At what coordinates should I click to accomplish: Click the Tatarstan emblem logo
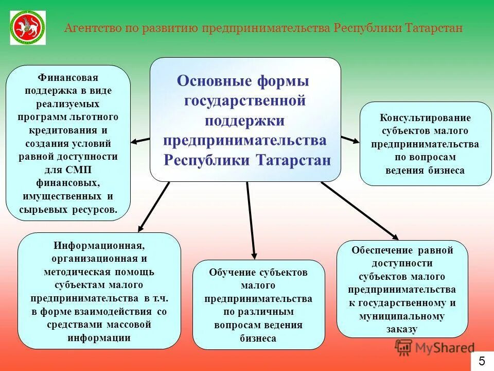point(28,27)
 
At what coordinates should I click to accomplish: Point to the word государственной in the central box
point(245,101)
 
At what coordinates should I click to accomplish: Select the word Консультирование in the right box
point(425,118)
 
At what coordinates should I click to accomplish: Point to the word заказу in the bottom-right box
point(402,329)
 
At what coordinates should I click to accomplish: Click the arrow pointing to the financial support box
point(140,140)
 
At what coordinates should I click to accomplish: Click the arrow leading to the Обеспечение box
point(360,211)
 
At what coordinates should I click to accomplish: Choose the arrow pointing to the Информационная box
point(154,206)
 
